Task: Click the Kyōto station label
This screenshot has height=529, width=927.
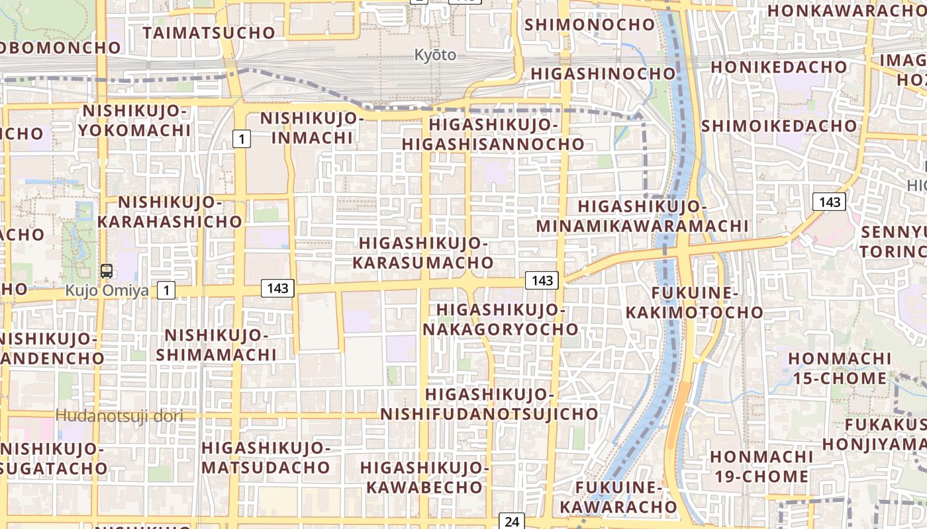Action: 435,55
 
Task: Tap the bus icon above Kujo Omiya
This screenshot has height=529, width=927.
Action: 106,270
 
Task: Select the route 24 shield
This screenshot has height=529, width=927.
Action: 512,521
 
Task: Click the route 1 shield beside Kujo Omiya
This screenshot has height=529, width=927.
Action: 166,289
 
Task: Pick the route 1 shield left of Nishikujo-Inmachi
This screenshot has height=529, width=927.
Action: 242,139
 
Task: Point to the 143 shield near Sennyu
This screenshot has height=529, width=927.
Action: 829,202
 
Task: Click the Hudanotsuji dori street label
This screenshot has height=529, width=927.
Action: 119,416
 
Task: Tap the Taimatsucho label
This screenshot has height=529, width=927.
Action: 209,32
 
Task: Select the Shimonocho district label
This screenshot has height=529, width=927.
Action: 589,24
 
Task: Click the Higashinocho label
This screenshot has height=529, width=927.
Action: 603,73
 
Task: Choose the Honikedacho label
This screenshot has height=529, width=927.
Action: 779,67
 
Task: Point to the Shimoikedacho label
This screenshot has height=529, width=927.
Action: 779,126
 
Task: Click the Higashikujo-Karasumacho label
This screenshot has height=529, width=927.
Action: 422,253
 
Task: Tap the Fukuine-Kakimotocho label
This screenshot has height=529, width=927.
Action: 699,302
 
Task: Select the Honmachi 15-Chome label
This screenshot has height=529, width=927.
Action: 840,368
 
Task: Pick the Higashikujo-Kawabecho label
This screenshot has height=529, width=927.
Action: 424,477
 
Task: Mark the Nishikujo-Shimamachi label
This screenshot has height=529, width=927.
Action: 216,345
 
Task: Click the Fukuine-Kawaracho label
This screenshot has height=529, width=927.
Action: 619,497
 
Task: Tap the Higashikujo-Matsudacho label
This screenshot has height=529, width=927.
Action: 266,458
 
